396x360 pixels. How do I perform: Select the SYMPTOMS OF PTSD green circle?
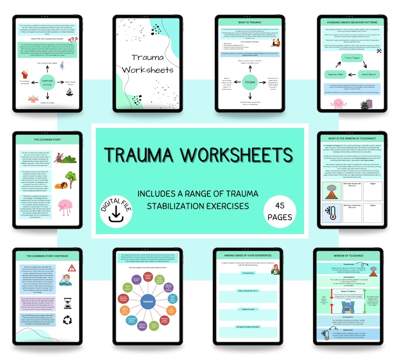click(40, 81)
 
